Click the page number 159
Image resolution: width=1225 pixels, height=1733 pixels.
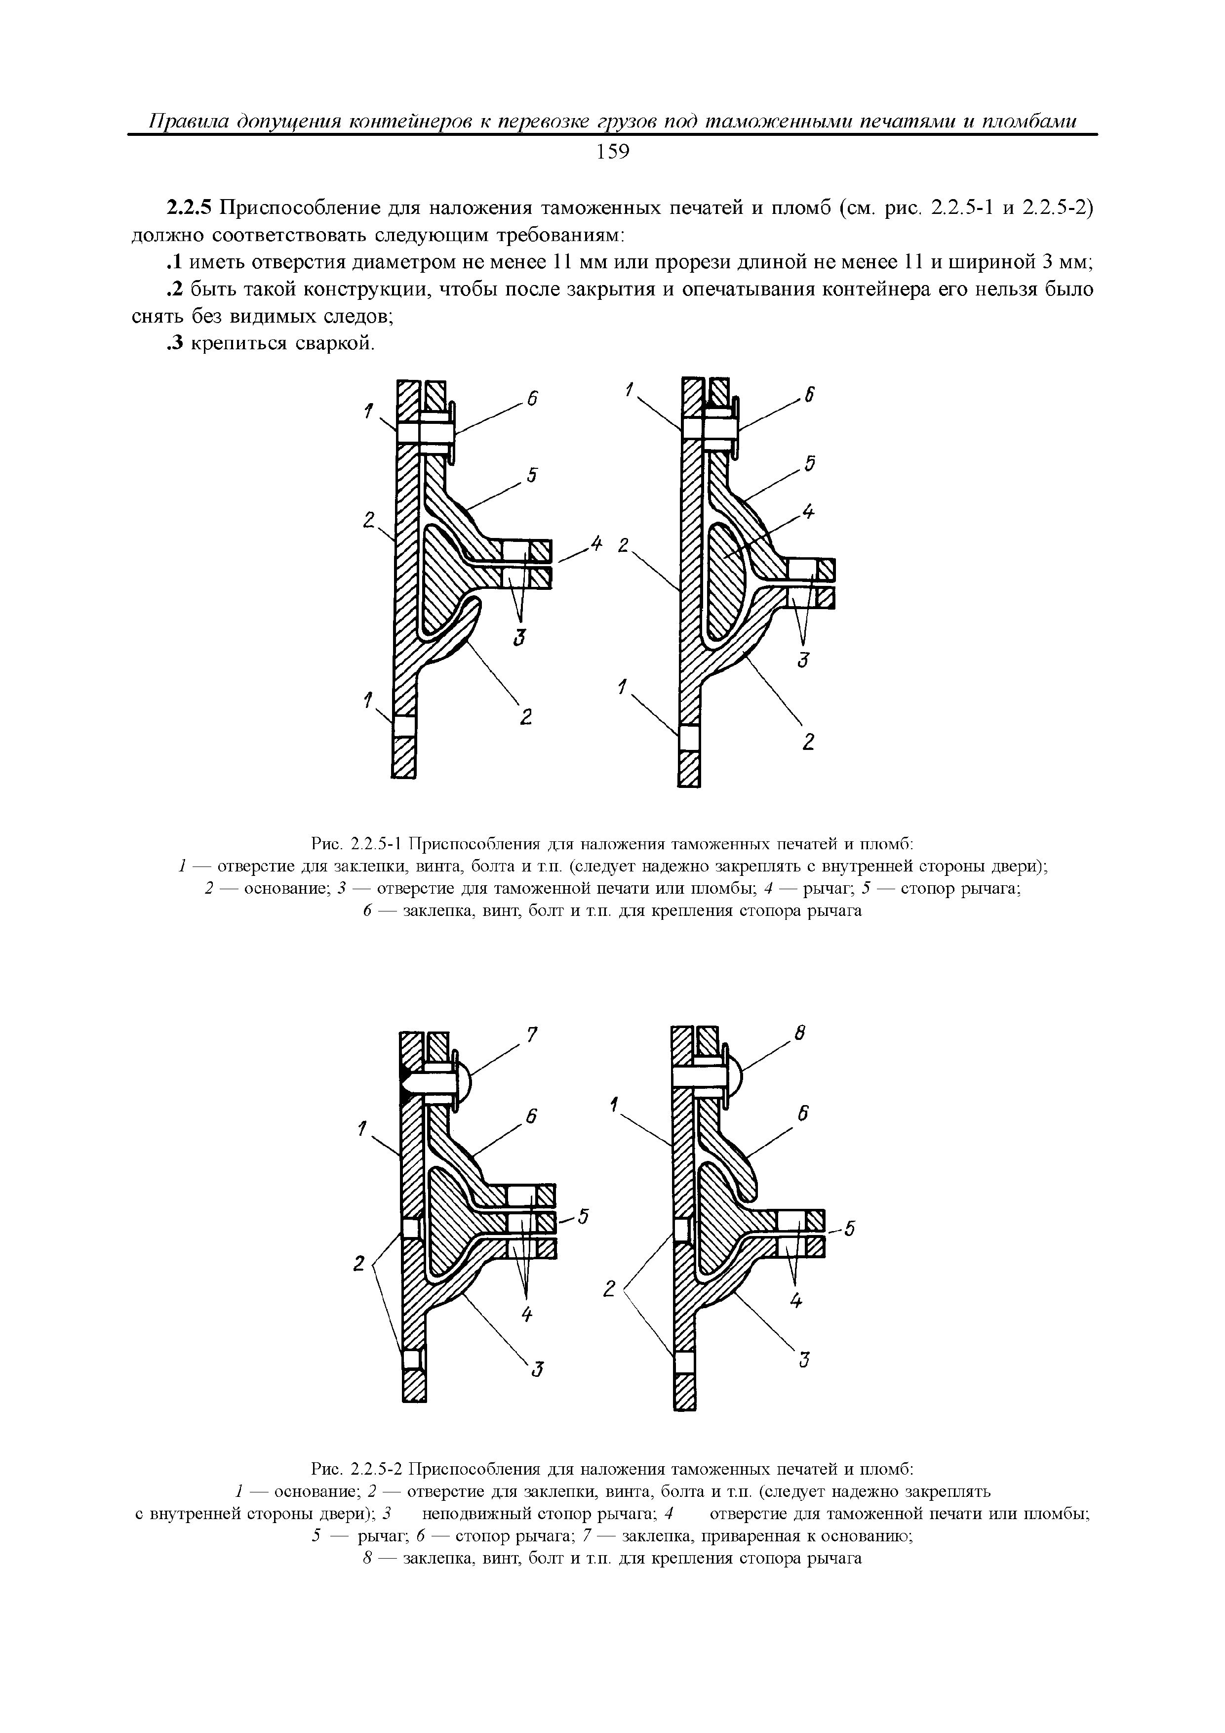coord(612,153)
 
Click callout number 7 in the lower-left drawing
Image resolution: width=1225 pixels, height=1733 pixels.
coord(532,1036)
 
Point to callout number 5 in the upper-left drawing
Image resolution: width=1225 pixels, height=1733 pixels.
coord(532,476)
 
